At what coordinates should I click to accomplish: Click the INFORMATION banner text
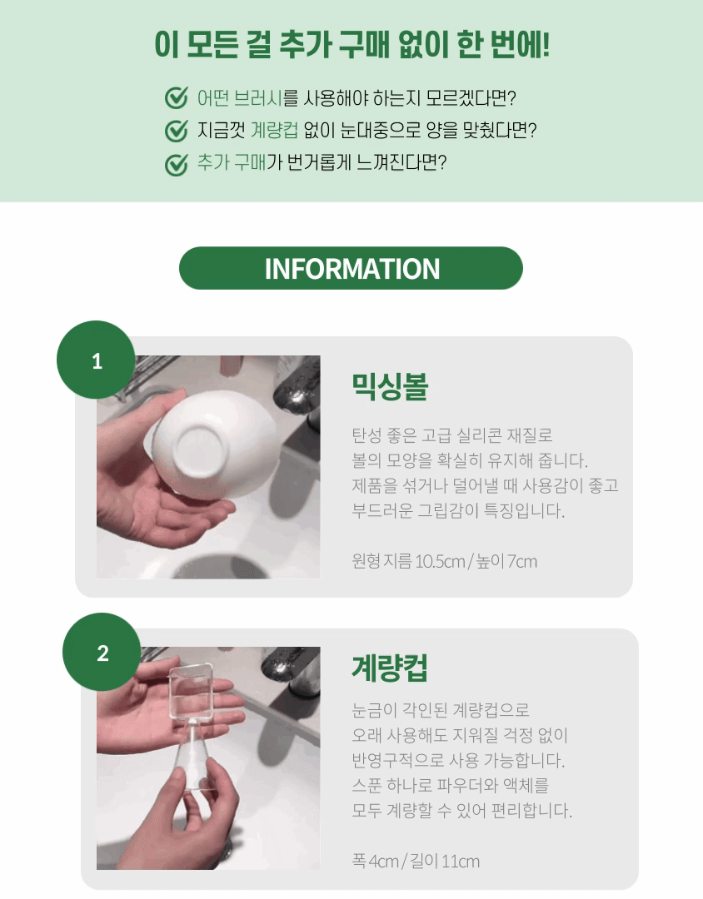[x=351, y=269]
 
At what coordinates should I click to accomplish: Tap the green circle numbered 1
[x=97, y=360]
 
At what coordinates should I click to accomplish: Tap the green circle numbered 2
[x=102, y=653]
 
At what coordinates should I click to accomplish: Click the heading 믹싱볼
[x=391, y=387]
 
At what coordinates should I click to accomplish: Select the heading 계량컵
[x=391, y=668]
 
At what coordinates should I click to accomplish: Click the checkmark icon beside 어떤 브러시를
[x=177, y=98]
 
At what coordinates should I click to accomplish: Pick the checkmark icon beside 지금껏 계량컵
[x=177, y=131]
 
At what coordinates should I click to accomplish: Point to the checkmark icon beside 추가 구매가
[x=177, y=164]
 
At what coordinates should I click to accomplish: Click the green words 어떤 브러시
[x=240, y=98]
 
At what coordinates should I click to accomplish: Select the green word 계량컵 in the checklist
[x=274, y=130]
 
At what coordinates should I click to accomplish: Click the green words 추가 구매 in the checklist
[x=232, y=162]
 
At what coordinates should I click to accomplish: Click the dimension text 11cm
[x=461, y=862]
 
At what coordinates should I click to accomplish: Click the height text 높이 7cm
[x=506, y=561]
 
